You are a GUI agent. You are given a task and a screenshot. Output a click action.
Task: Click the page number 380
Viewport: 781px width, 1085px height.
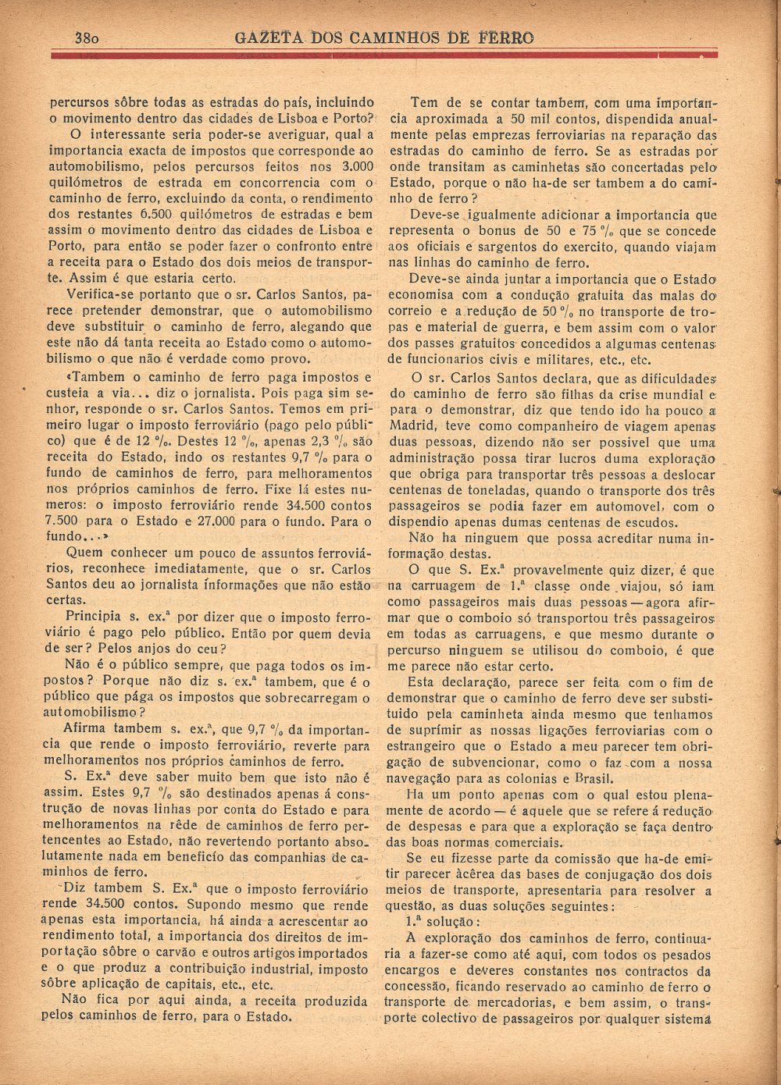91,37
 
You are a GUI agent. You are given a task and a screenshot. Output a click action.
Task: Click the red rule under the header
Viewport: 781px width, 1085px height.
383,55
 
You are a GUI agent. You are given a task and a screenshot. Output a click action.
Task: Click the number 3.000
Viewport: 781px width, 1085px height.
357,166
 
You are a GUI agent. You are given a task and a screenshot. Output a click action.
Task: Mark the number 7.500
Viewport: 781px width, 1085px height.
65,521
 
